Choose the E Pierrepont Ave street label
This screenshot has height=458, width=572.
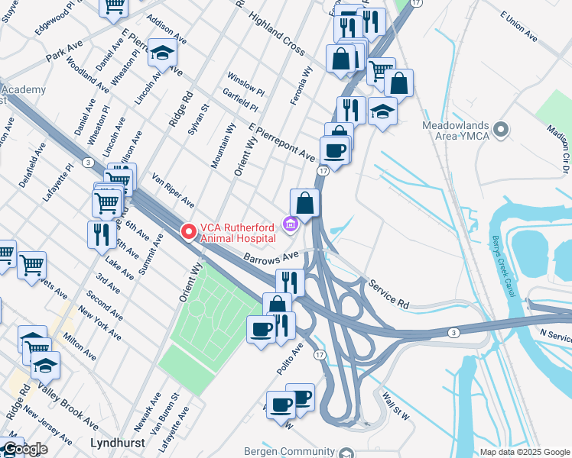[x=282, y=142]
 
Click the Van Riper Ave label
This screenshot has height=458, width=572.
[x=174, y=190]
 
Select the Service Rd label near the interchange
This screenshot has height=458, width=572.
[x=388, y=293]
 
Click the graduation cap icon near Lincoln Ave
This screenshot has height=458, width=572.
[x=162, y=53]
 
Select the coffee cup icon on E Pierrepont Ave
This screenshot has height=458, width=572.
[x=334, y=150]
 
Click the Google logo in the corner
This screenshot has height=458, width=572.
[x=25, y=449]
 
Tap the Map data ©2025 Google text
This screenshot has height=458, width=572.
[x=525, y=452]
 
